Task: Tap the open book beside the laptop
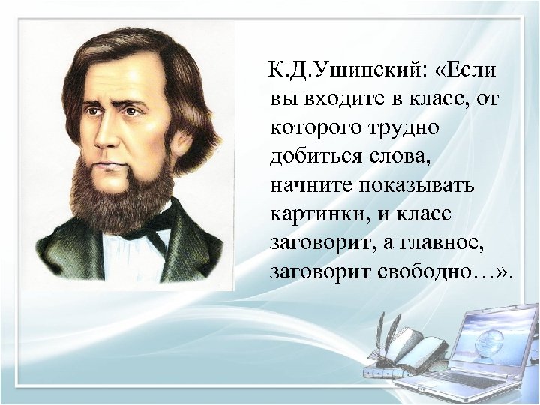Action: [x=416, y=346]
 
